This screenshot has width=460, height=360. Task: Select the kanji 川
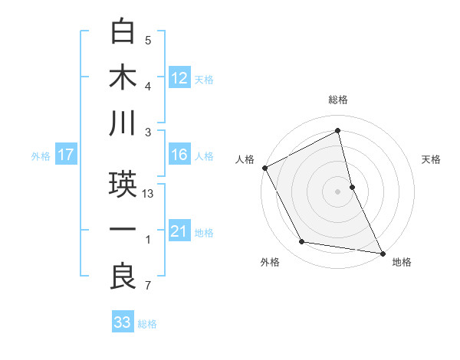click(x=123, y=123)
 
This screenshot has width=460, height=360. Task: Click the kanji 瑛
click(x=123, y=185)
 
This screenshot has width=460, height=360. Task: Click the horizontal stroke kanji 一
click(x=123, y=231)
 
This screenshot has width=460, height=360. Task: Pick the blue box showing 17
click(x=65, y=155)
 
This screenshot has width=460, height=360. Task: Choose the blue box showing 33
click(x=123, y=322)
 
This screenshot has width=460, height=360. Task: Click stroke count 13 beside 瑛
click(x=149, y=194)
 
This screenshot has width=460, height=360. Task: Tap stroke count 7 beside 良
click(x=148, y=286)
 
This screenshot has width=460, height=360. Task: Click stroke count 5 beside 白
click(x=148, y=41)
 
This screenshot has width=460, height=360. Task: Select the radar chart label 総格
click(x=338, y=100)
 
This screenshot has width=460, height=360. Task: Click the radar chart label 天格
click(x=432, y=159)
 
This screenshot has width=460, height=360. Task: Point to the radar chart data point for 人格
click(x=264, y=167)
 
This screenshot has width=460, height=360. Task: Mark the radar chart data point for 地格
click(x=383, y=252)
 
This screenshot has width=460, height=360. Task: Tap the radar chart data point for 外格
click(x=302, y=242)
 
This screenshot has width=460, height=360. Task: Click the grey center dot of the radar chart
click(x=338, y=191)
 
